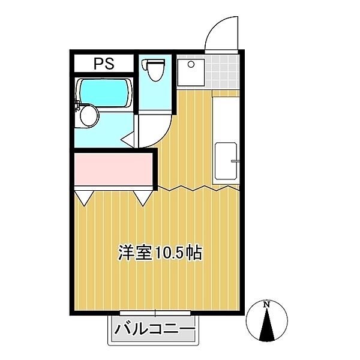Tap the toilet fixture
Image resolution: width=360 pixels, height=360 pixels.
[x=155, y=70]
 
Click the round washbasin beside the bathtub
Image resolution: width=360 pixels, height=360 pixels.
[x=89, y=115]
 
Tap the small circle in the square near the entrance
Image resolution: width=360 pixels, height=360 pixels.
[x=191, y=64]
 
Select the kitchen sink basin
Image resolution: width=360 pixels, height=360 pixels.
[x=226, y=160]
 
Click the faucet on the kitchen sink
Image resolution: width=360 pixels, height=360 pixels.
[x=235, y=161]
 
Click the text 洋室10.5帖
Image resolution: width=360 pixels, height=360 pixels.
[x=159, y=253]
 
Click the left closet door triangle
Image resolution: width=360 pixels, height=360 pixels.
[x=84, y=196]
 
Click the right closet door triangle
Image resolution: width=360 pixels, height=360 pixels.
[x=143, y=196]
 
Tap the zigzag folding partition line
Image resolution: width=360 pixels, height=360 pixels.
[x=198, y=189]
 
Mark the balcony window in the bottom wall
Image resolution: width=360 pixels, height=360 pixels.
[x=155, y=313]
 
